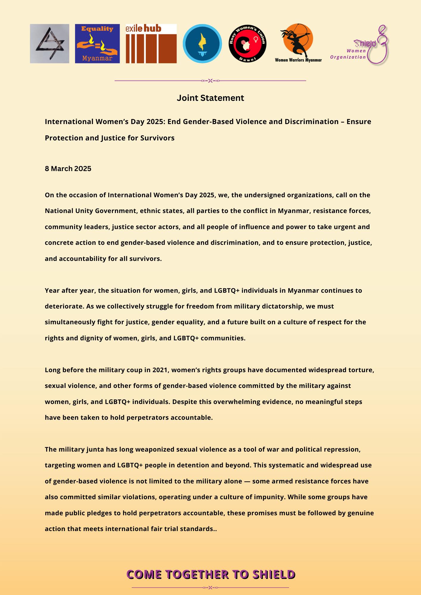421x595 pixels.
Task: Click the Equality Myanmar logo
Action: coord(97,43)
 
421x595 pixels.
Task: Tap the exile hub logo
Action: coord(151,43)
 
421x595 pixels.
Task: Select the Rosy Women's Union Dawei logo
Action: coord(247,43)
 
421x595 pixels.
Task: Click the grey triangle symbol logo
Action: coord(49,43)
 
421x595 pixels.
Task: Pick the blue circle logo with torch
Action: coord(202,43)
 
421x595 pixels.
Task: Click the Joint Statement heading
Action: coord(210,98)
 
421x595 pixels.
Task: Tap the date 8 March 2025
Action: coord(68,169)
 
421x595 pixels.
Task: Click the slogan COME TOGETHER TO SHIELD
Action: coord(210,574)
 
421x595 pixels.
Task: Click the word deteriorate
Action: coord(64,306)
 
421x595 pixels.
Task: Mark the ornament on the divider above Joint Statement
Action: coord(210,80)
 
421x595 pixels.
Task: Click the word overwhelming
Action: coord(253,402)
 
